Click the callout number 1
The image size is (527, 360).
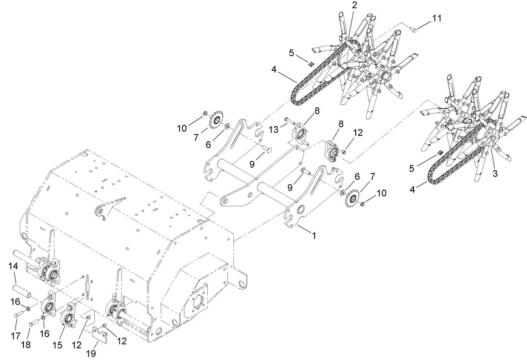pos(314,236)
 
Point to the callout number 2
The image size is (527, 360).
pos(354,5)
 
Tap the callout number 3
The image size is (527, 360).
pos(495,174)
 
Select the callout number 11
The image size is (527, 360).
pos(437,18)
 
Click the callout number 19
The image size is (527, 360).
pos(91,354)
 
